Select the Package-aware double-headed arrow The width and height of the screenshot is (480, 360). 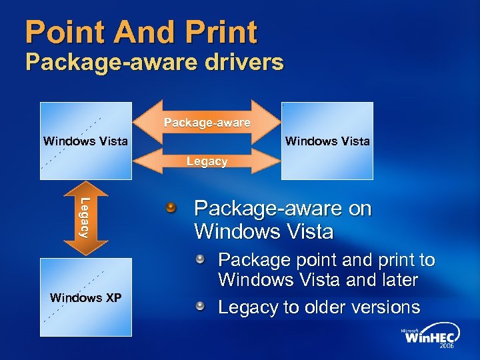click(x=207, y=123)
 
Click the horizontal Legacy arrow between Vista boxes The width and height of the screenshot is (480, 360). click(x=207, y=161)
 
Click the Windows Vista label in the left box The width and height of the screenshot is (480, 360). click(x=85, y=141)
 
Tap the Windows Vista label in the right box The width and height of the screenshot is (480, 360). click(x=327, y=141)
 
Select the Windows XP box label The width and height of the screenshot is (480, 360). click(x=85, y=297)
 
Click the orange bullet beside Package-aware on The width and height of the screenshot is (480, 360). click(x=173, y=209)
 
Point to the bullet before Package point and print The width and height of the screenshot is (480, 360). click(x=199, y=259)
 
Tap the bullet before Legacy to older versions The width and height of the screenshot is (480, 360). click(x=199, y=306)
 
